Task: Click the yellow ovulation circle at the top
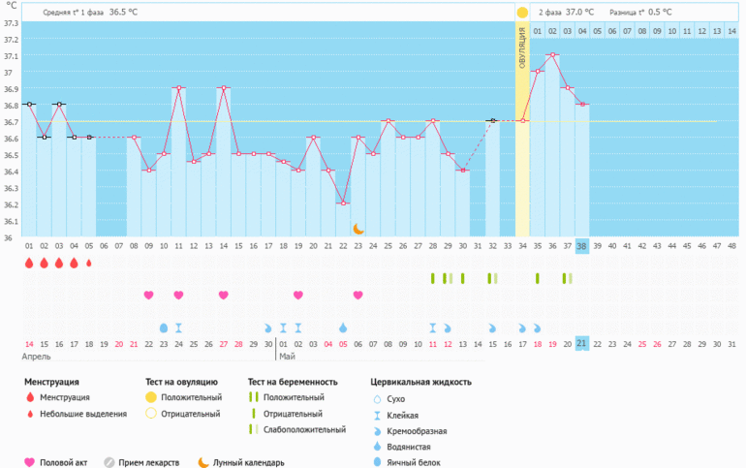522,13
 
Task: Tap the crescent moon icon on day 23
357,229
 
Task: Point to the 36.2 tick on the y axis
11,204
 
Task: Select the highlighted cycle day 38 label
581,246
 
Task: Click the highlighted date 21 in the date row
581,343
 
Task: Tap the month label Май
287,358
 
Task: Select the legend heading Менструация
51,382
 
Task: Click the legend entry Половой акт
63,462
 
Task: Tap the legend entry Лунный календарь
249,462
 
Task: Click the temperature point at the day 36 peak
552,55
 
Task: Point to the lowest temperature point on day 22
343,203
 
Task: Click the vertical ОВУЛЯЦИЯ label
522,48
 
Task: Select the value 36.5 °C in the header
123,13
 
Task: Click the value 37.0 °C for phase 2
579,13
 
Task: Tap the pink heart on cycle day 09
148,295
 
